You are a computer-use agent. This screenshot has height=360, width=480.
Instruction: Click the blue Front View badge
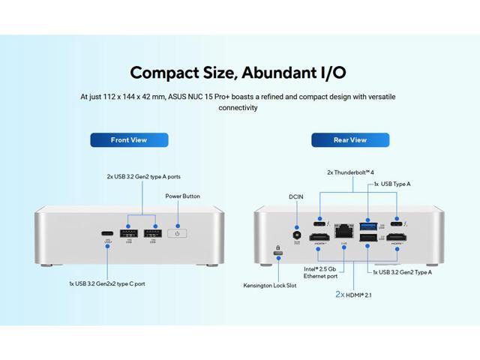point(129,140)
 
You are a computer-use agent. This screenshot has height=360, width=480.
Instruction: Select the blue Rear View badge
point(350,140)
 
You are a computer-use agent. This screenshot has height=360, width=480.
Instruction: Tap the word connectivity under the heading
point(238,108)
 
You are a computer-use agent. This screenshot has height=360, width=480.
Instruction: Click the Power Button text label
point(183,197)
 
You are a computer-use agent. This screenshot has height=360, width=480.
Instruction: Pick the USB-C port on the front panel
point(107,232)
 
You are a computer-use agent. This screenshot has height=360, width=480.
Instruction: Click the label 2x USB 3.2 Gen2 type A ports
point(143,177)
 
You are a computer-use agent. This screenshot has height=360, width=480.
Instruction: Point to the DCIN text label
point(296,196)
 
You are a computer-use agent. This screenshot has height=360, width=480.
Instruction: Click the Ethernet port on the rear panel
point(343,226)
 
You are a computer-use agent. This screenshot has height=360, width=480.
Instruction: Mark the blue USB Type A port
point(368,226)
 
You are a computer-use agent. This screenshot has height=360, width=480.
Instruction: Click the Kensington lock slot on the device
point(278,254)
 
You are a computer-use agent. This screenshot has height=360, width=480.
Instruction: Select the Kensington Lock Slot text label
point(269,286)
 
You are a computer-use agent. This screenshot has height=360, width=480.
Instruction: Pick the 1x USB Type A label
point(392,184)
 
